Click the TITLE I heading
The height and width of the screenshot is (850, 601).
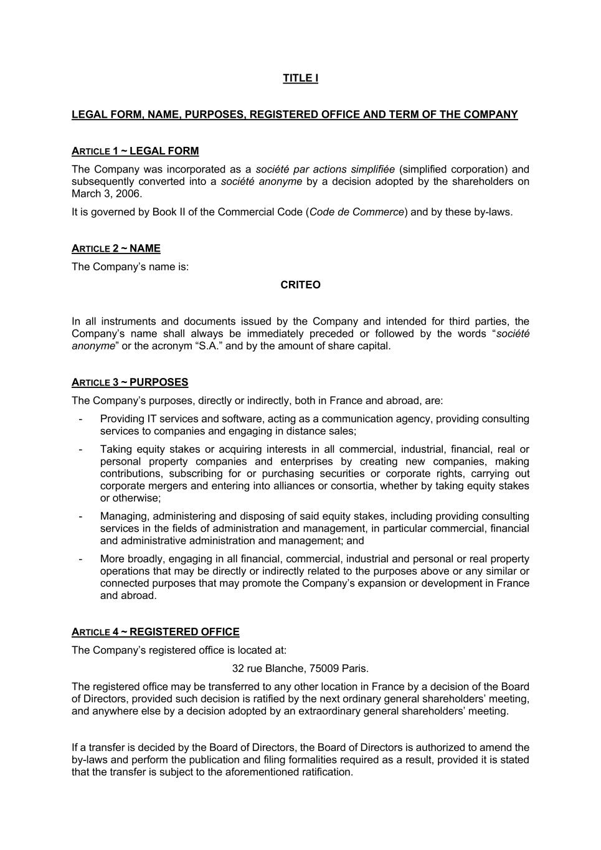(300, 78)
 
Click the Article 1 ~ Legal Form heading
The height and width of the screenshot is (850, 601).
(135, 151)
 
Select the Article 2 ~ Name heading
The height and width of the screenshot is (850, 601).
(116, 248)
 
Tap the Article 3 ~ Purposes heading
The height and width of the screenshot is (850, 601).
(130, 382)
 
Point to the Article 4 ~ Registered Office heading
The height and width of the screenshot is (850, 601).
(155, 632)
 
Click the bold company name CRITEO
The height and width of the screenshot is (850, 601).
(300, 285)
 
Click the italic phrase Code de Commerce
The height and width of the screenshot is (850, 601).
(357, 212)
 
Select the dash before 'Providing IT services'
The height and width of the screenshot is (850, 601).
(80, 419)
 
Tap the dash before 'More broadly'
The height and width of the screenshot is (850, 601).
(80, 559)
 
